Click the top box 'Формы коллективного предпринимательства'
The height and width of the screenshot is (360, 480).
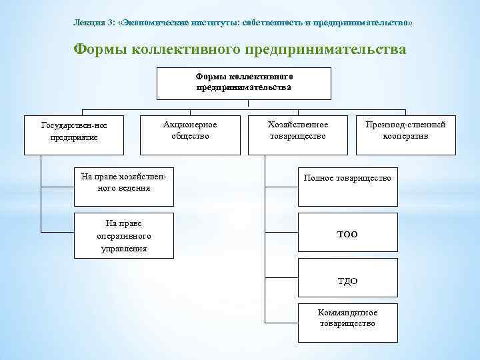244,83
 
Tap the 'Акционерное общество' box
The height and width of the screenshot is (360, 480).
190,131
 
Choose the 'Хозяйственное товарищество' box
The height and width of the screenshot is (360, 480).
297,131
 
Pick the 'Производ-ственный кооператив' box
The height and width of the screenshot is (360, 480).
405,131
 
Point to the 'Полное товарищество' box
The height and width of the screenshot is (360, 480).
347,179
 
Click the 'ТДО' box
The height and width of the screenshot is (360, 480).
347,281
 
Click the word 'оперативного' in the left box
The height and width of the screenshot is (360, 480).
124,236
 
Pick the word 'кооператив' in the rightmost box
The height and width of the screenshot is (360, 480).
405,137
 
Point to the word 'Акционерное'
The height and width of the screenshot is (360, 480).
190,125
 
